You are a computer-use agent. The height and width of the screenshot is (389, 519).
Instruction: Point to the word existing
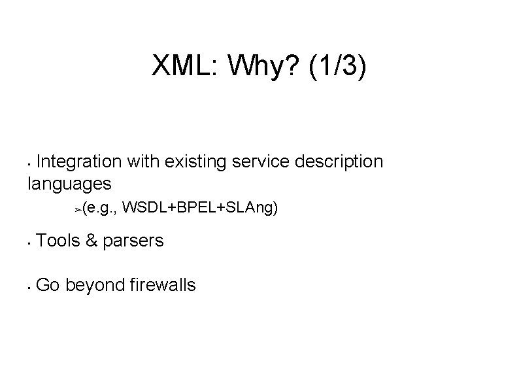[x=192, y=161]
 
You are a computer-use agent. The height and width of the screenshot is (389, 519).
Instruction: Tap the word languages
[x=69, y=183]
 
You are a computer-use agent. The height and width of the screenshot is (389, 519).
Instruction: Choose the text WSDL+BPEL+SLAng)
[x=200, y=209]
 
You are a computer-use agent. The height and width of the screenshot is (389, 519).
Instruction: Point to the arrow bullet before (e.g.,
[x=78, y=210]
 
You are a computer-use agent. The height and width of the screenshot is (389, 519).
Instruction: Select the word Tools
[x=58, y=241]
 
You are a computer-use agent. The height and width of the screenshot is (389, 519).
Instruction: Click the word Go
[x=48, y=285]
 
